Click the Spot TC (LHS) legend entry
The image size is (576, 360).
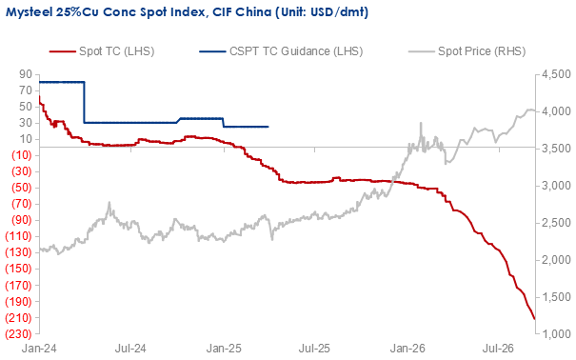(102, 51)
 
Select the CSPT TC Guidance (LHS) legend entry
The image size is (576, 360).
(281, 51)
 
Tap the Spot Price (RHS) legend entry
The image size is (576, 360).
(467, 51)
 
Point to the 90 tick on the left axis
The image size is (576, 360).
(26, 74)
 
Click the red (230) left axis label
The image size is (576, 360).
(18, 334)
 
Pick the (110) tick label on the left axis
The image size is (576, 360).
(18, 236)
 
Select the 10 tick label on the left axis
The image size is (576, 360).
(26, 139)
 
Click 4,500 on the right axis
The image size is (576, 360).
(556, 74)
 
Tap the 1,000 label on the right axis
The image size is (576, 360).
(556, 334)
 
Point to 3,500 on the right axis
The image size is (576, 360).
(556, 149)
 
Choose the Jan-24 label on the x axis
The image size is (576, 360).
(39, 349)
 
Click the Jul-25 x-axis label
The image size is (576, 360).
(315, 349)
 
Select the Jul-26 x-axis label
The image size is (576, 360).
(499, 349)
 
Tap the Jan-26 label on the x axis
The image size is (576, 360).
(407, 349)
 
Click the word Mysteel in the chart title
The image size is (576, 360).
(29, 12)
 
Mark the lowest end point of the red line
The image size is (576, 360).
(534, 319)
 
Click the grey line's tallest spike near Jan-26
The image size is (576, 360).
(421, 123)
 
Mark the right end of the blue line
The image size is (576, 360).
(268, 127)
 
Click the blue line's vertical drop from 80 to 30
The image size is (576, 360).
(84, 102)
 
